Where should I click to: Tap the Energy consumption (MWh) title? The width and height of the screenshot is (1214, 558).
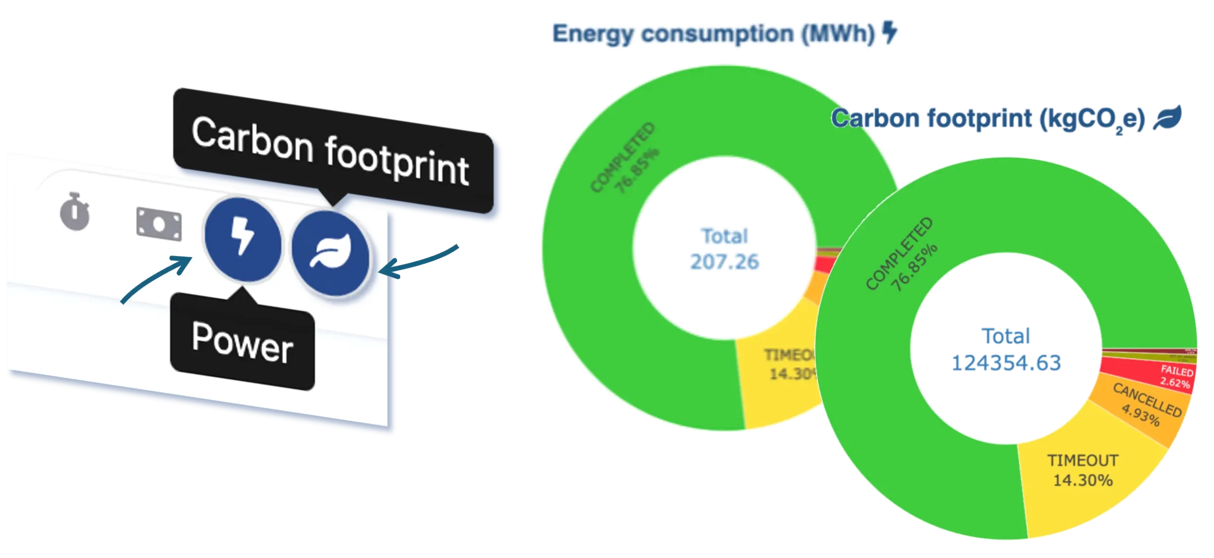pyautogui.click(x=714, y=34)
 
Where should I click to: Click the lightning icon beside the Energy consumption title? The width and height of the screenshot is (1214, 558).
pyautogui.click(x=890, y=34)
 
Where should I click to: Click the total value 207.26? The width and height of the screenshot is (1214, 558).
pyautogui.click(x=725, y=261)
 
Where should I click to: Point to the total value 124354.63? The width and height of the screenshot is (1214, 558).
pyautogui.click(x=1006, y=363)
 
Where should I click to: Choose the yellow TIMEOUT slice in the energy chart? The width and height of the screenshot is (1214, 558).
pyautogui.click(x=778, y=384)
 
